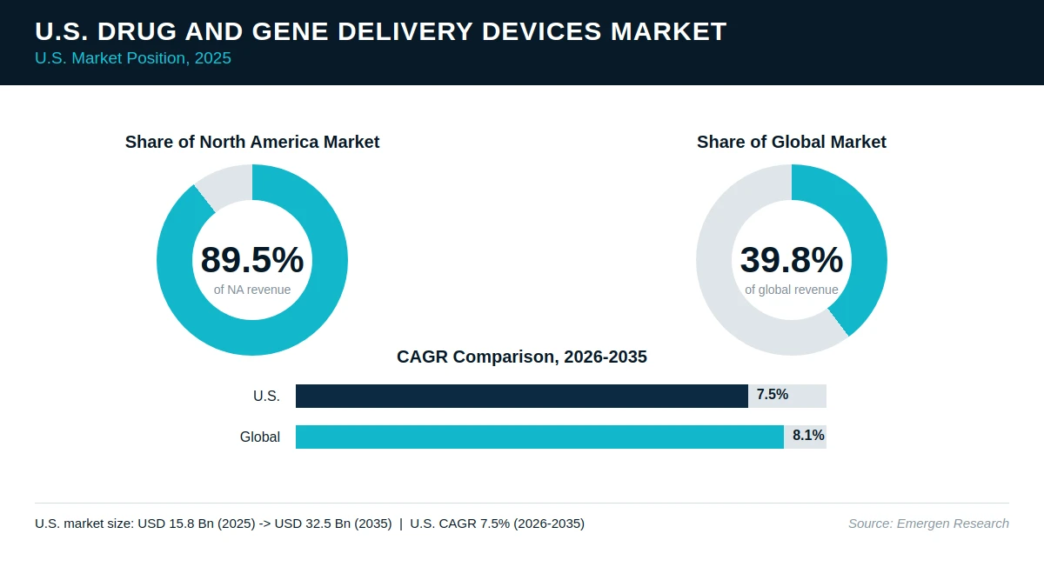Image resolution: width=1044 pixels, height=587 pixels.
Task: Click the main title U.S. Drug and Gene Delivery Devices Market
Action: (381, 31)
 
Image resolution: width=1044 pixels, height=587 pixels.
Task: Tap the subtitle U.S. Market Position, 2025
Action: (133, 58)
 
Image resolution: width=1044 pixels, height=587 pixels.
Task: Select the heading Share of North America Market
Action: (252, 142)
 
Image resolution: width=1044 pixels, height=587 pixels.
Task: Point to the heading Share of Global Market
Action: (792, 142)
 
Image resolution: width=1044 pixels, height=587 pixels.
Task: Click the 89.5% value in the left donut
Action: (252, 259)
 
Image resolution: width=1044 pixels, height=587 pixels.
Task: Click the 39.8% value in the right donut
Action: (792, 259)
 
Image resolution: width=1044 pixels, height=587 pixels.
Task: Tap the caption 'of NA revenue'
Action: (252, 290)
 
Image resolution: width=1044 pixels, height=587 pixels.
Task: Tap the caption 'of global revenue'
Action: (792, 290)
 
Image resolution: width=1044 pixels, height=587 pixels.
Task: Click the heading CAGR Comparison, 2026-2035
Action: (522, 357)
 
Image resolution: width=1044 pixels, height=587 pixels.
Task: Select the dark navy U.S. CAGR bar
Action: (522, 396)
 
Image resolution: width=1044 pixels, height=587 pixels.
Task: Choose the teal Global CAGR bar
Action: (539, 437)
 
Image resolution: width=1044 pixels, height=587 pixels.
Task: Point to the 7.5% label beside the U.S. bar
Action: (773, 395)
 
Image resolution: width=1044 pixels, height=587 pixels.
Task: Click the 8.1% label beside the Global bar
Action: (808, 436)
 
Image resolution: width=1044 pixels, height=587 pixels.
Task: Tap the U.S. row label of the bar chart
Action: (266, 396)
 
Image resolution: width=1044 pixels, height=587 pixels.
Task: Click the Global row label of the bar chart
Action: (260, 437)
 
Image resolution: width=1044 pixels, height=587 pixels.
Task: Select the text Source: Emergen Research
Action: (929, 524)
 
